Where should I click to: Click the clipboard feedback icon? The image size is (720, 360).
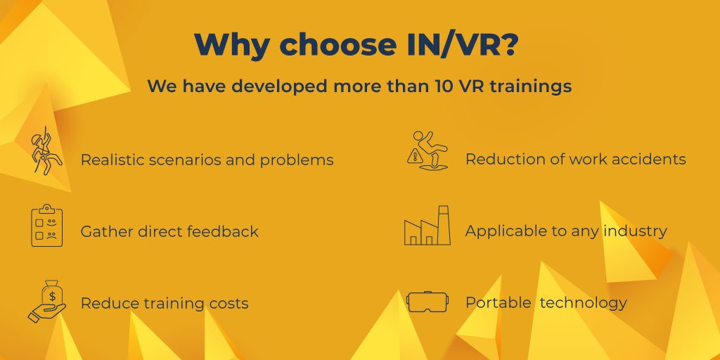coord(47,226)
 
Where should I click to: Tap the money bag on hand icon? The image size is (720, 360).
coord(47,300)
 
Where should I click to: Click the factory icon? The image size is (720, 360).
coord(427,226)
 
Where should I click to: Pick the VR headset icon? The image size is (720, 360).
coord(427,302)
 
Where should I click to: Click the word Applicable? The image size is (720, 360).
coord(506,231)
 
